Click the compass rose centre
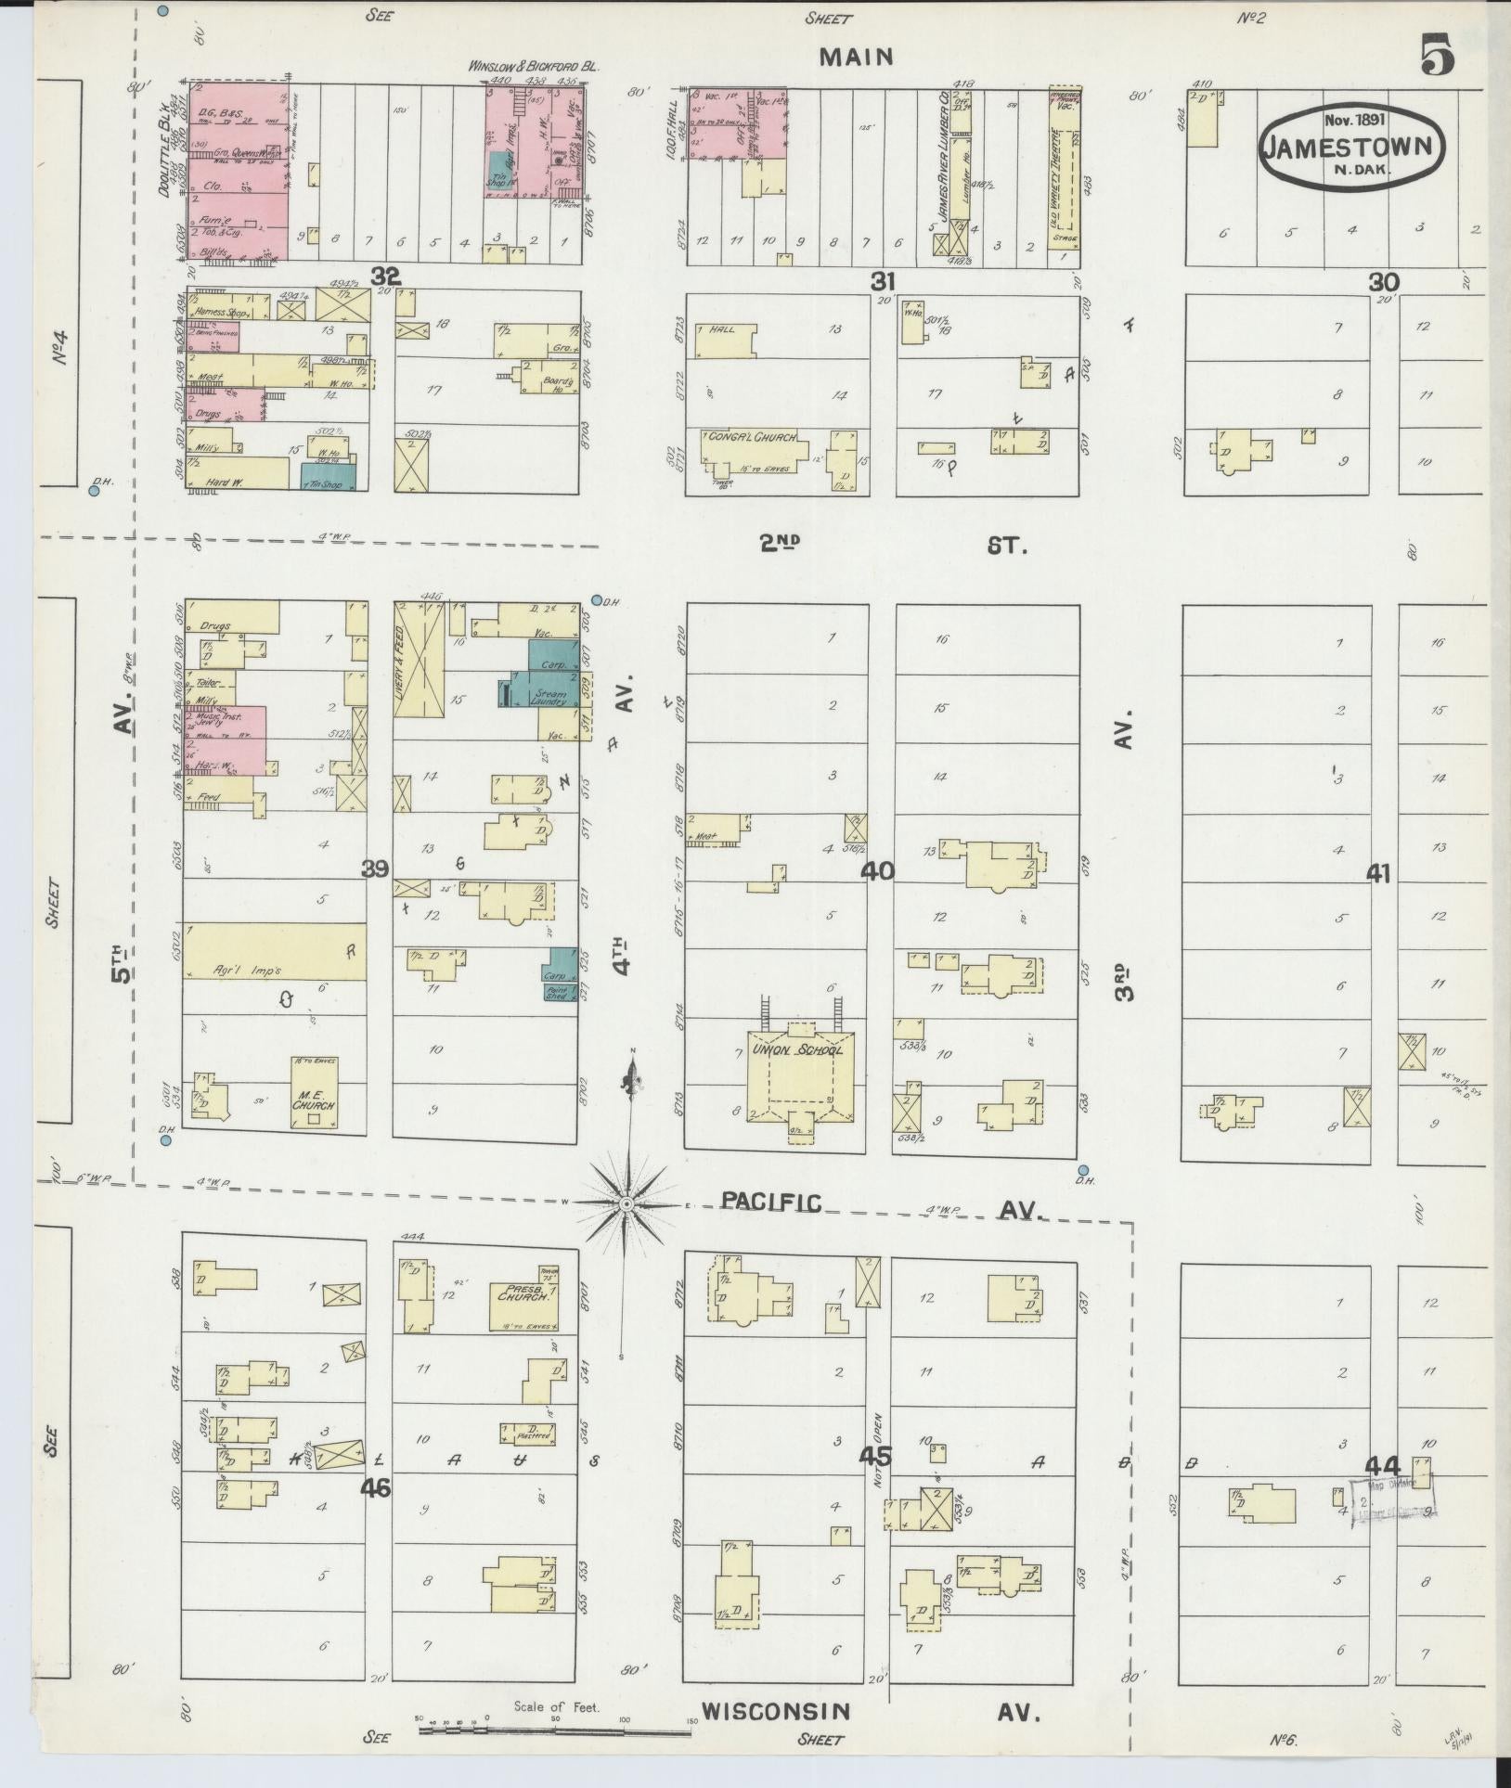point(626,1203)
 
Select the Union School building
point(802,1076)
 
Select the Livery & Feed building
point(419,659)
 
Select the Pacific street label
point(771,1203)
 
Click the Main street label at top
point(857,57)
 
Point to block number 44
point(1382,1466)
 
